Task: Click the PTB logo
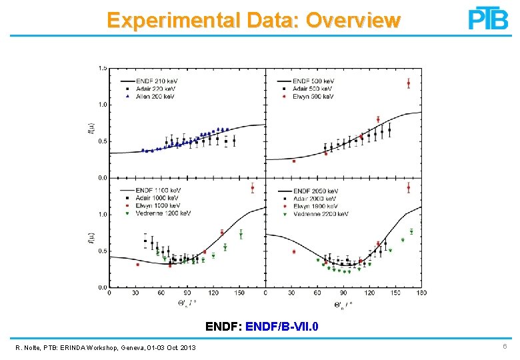[x=488, y=18]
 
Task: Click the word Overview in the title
[x=353, y=21]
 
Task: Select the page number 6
[x=505, y=348]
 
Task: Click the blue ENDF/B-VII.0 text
[x=283, y=327]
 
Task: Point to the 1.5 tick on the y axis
[x=103, y=68]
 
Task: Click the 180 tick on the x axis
[x=421, y=293]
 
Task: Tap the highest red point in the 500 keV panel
[x=408, y=83]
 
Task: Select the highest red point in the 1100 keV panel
[x=252, y=188]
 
